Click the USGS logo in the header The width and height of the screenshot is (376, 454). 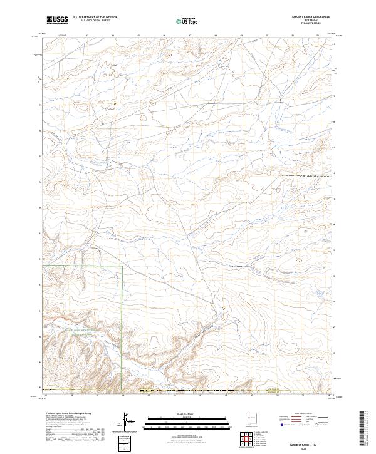(x=58, y=20)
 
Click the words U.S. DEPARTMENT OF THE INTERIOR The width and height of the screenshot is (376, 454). (x=93, y=18)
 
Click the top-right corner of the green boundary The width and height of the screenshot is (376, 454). (x=122, y=266)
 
